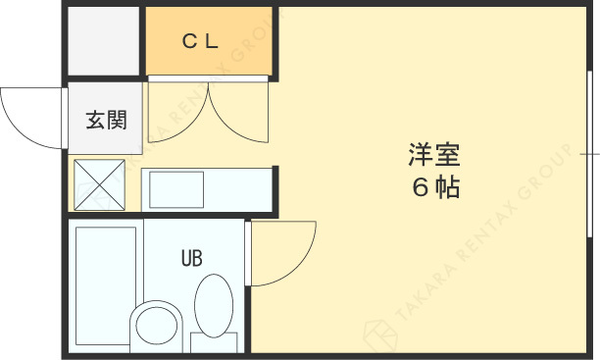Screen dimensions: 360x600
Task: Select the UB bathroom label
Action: [191, 259]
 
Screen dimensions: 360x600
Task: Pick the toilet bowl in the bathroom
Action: [158, 325]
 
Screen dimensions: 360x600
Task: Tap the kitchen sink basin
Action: [176, 188]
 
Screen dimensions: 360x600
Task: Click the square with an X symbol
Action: [101, 184]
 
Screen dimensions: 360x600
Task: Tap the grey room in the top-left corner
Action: [104, 40]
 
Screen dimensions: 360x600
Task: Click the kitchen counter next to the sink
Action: [235, 188]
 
